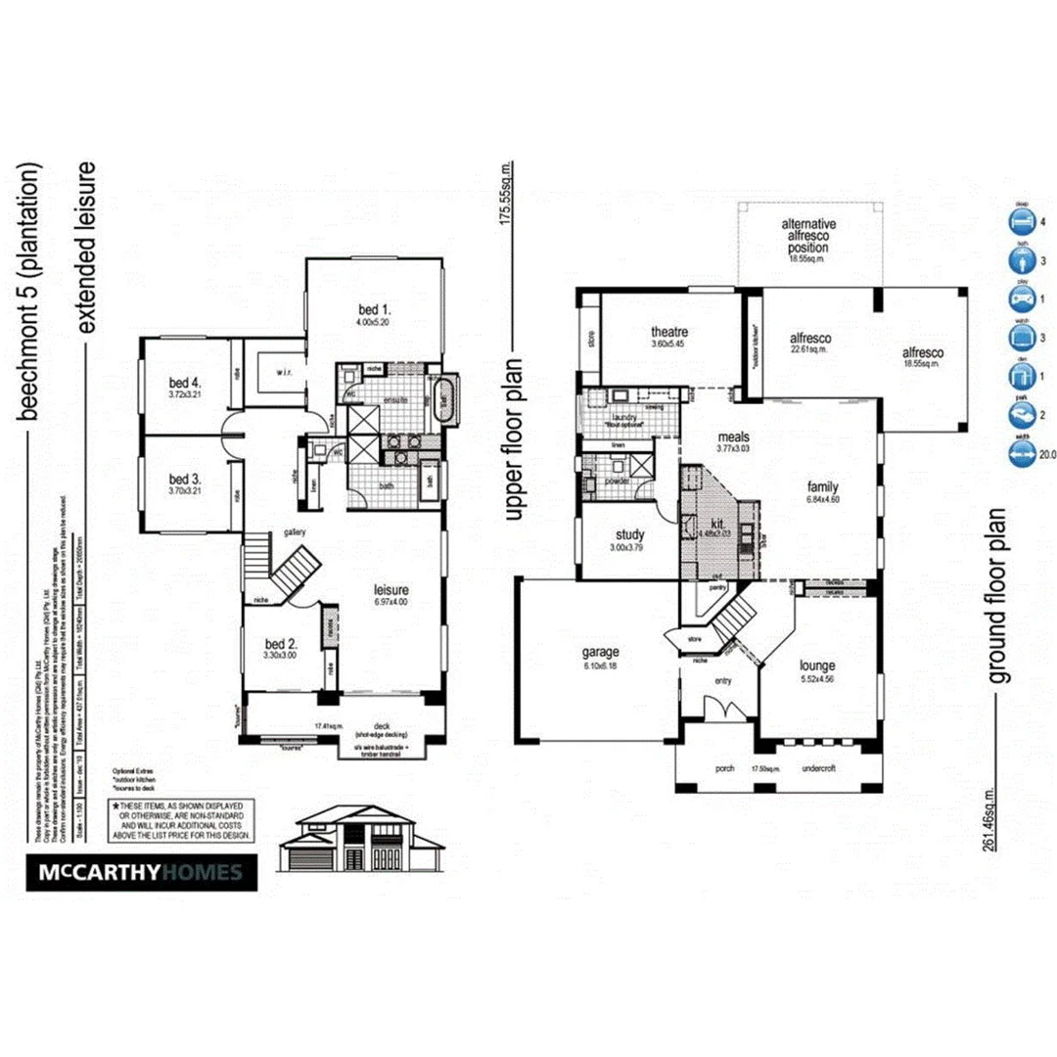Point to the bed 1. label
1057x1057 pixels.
pos(374,312)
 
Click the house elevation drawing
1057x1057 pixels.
pos(361,841)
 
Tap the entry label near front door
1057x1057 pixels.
pos(722,682)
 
